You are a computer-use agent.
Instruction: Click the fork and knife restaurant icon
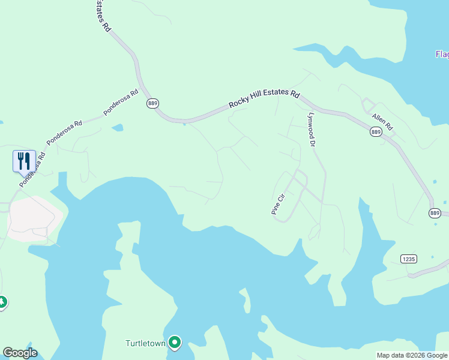[x=24, y=160]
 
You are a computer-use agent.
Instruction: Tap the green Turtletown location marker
[x=175, y=343]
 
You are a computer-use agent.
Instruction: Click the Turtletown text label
[x=145, y=343]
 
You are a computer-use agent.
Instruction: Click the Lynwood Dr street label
[x=311, y=129]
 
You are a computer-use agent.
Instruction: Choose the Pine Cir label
[x=277, y=204]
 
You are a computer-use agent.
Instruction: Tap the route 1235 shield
[x=408, y=258]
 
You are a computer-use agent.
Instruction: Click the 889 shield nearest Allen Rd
[x=376, y=132]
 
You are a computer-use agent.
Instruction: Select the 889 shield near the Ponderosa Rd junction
[x=152, y=103]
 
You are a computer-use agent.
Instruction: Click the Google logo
[x=20, y=353]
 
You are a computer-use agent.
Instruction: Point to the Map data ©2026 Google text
[x=412, y=355]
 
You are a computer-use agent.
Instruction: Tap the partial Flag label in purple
[x=442, y=55]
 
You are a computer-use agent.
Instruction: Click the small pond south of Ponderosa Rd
[x=118, y=128]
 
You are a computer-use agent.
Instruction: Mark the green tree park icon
[x=2, y=302]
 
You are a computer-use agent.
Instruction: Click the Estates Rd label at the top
[x=101, y=16]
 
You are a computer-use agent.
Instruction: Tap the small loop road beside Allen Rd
[x=367, y=106]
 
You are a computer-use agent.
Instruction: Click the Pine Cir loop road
[x=291, y=195]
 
